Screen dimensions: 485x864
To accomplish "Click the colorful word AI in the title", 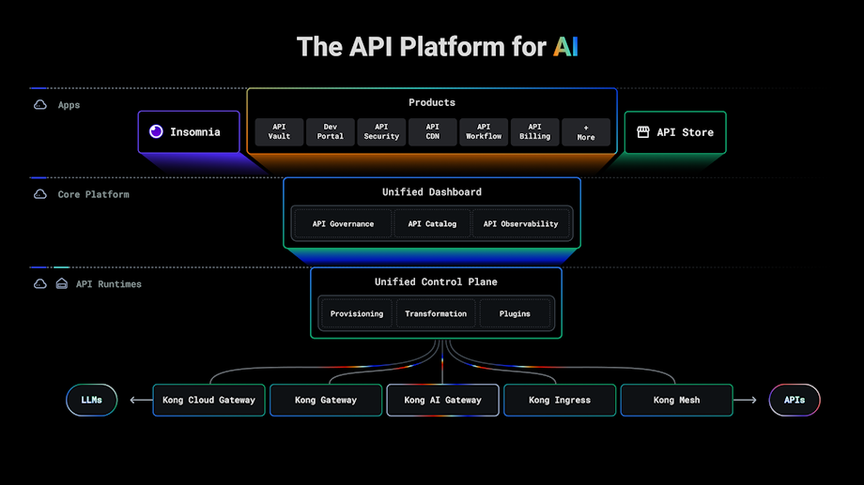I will [x=564, y=47].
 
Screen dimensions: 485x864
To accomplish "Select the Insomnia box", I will [x=189, y=132].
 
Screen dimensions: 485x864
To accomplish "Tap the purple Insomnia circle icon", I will [x=156, y=132].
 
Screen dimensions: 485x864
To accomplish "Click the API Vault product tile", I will [x=279, y=132].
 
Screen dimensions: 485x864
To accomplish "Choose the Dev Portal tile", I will [x=330, y=132].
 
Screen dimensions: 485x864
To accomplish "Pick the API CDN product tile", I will [x=432, y=132].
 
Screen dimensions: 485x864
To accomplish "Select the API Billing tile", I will [x=534, y=132].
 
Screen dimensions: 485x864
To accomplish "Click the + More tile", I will [x=586, y=132].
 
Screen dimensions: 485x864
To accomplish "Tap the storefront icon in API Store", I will [x=643, y=132].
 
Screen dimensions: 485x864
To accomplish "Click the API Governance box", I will [x=343, y=224].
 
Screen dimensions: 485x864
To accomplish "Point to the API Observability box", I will [x=520, y=224].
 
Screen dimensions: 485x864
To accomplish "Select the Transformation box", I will [x=436, y=313].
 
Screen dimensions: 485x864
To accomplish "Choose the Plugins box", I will [x=515, y=313].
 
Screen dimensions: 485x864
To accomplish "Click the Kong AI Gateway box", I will [x=442, y=400].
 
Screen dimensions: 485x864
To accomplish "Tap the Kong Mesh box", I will [x=676, y=400].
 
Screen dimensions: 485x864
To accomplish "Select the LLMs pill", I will [x=91, y=400].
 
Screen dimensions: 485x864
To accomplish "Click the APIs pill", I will [x=794, y=400].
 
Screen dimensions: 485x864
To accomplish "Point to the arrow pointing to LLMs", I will [x=140, y=400].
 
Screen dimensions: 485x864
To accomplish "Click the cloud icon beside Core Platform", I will [x=40, y=194].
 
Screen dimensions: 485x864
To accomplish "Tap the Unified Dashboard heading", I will [x=432, y=192].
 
